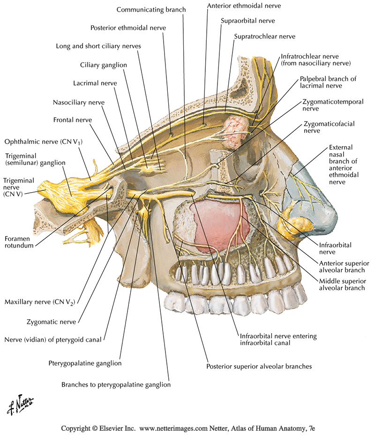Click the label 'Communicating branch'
151,9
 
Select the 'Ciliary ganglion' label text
104,65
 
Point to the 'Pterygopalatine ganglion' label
85,363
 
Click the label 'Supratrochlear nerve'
264,36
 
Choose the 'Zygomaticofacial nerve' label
329,127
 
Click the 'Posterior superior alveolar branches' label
259,366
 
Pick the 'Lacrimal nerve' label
95,83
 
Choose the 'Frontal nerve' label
73,120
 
